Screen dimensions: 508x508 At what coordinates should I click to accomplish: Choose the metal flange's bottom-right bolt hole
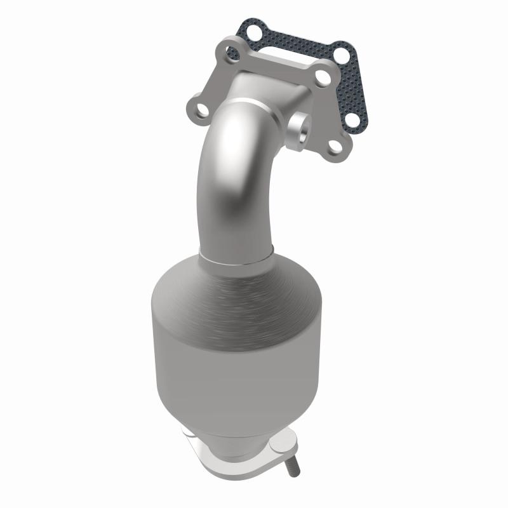[335, 146]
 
